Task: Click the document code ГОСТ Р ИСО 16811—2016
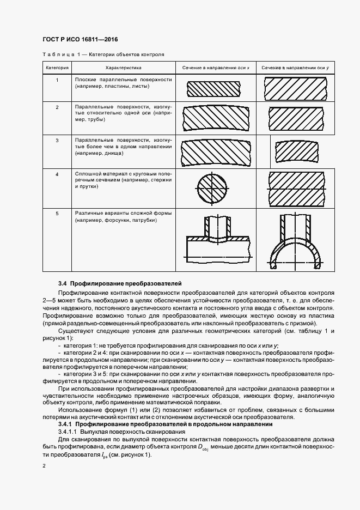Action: pos(80,40)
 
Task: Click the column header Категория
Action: pos(57,68)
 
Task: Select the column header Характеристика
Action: pos(123,68)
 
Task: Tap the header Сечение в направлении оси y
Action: pos(295,68)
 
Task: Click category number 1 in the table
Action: pos(57,80)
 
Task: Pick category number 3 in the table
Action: pos(57,140)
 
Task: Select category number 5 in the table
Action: pos(57,213)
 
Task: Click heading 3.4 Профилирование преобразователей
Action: pos(120,284)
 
